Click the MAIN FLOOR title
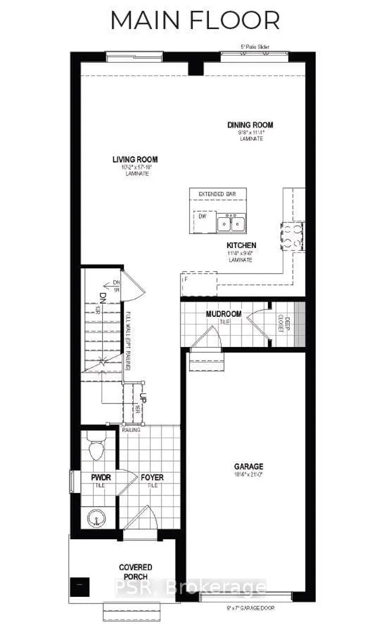pos(195,20)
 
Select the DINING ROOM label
pos(250,125)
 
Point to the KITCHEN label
pos(241,245)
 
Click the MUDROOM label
pos(223,314)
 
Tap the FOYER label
pos(152,477)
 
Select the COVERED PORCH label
pos(135,572)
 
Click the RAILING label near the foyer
pos(131,430)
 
